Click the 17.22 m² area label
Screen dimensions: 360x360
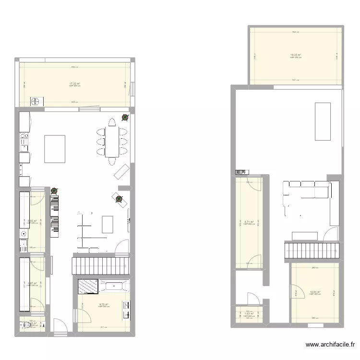tap(74, 84)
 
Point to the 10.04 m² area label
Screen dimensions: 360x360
tap(315, 292)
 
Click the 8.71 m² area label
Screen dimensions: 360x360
tap(249, 222)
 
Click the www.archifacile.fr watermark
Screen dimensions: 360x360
tap(332, 345)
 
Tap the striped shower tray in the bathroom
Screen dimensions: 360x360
tap(87, 287)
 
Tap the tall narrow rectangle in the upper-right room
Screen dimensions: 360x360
tap(323, 121)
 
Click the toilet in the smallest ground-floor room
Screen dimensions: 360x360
tap(25, 325)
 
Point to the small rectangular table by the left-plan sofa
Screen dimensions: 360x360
tap(108, 224)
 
